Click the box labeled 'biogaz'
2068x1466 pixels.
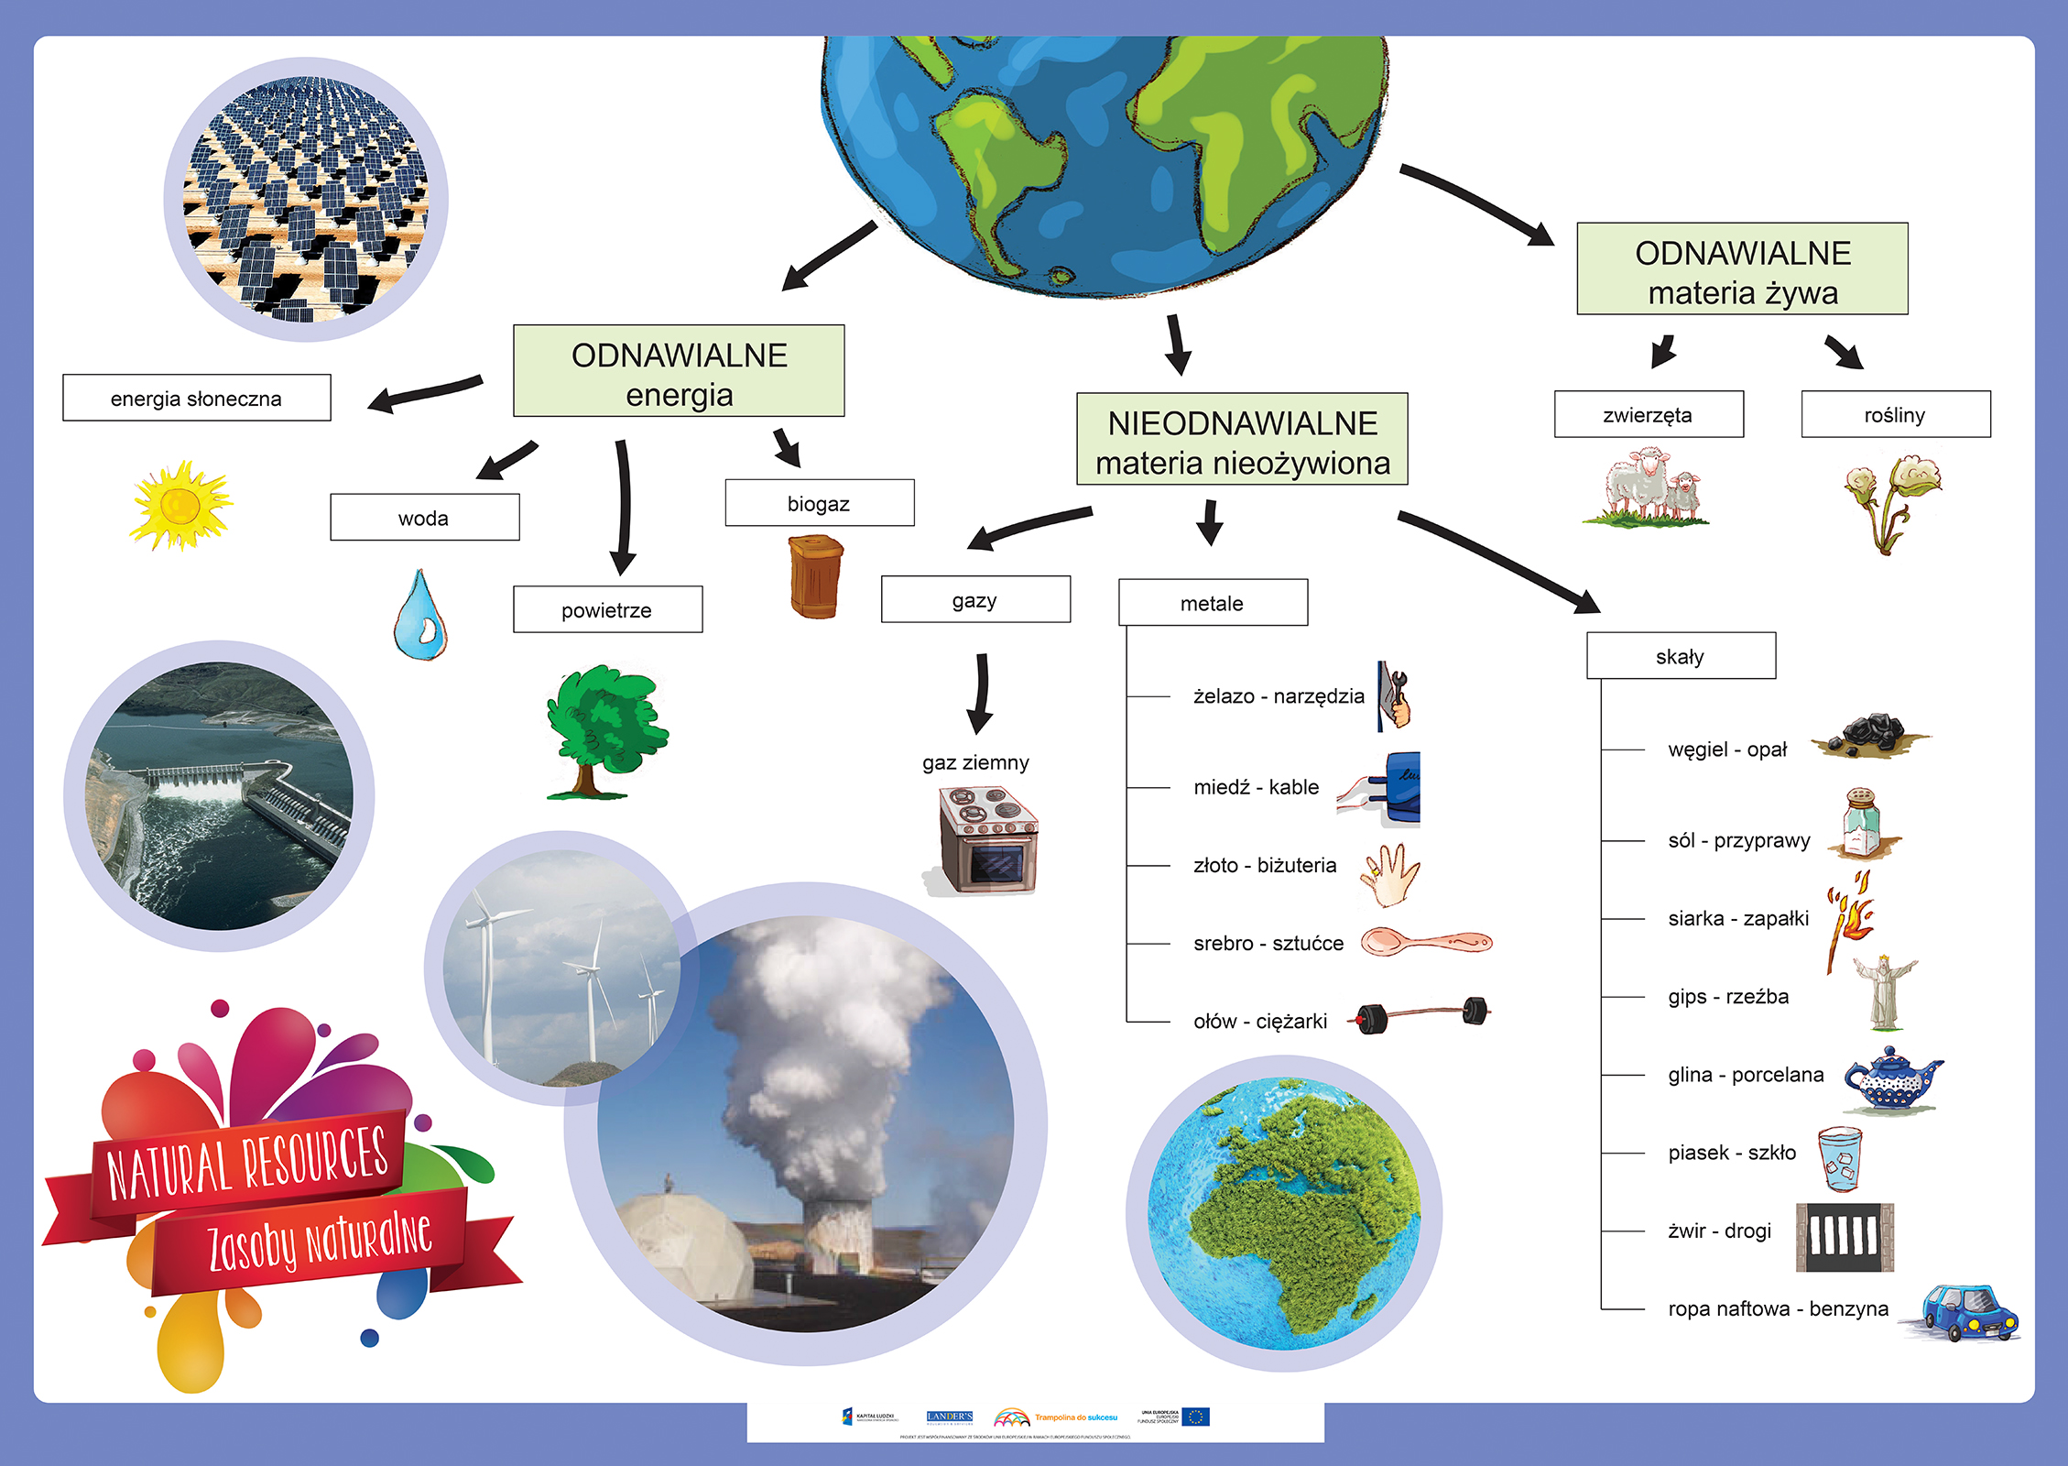(x=819, y=503)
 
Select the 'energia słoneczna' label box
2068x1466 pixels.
(x=196, y=398)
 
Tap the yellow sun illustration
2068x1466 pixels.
(x=180, y=505)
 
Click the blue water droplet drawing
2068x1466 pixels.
(x=420, y=615)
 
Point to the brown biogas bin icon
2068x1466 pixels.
(x=815, y=576)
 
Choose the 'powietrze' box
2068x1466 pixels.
(x=607, y=609)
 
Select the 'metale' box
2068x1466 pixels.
(x=1213, y=603)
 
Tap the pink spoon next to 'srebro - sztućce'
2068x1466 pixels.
(x=1424, y=942)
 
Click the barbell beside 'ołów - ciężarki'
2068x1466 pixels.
(x=1422, y=1014)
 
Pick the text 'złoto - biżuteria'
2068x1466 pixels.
(x=1264, y=865)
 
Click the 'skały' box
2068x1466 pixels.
(x=1681, y=656)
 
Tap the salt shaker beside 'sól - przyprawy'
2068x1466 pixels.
(x=1862, y=823)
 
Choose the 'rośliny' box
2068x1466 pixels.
(x=1895, y=415)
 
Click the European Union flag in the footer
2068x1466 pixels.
(x=1195, y=1417)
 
